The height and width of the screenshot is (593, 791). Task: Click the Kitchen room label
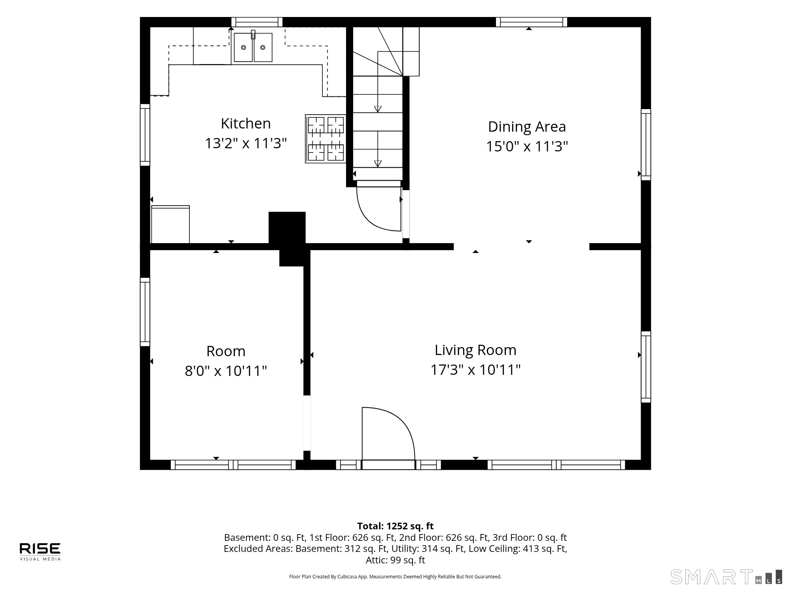pyautogui.click(x=246, y=123)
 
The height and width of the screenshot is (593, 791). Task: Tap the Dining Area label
pyautogui.click(x=527, y=127)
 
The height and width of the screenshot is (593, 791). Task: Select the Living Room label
pyautogui.click(x=475, y=350)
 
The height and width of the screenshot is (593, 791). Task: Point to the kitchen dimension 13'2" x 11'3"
pyautogui.click(x=246, y=143)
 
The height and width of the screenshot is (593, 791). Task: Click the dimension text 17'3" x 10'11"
pyautogui.click(x=475, y=370)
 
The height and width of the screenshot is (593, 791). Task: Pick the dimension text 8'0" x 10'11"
pyautogui.click(x=226, y=371)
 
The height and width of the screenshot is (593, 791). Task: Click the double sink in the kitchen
pyautogui.click(x=253, y=47)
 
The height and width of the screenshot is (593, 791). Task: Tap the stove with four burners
pyautogui.click(x=325, y=139)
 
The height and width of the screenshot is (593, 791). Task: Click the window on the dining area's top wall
pyautogui.click(x=532, y=22)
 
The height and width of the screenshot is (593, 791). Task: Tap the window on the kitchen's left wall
pyautogui.click(x=145, y=135)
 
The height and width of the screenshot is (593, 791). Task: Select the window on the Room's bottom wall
pyautogui.click(x=233, y=465)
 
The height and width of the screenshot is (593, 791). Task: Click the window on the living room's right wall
pyautogui.click(x=646, y=367)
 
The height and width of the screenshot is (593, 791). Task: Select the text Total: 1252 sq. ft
pyautogui.click(x=395, y=526)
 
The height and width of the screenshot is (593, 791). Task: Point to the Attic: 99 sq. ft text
pyautogui.click(x=395, y=560)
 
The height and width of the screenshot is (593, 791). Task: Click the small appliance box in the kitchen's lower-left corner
pyautogui.click(x=170, y=224)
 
